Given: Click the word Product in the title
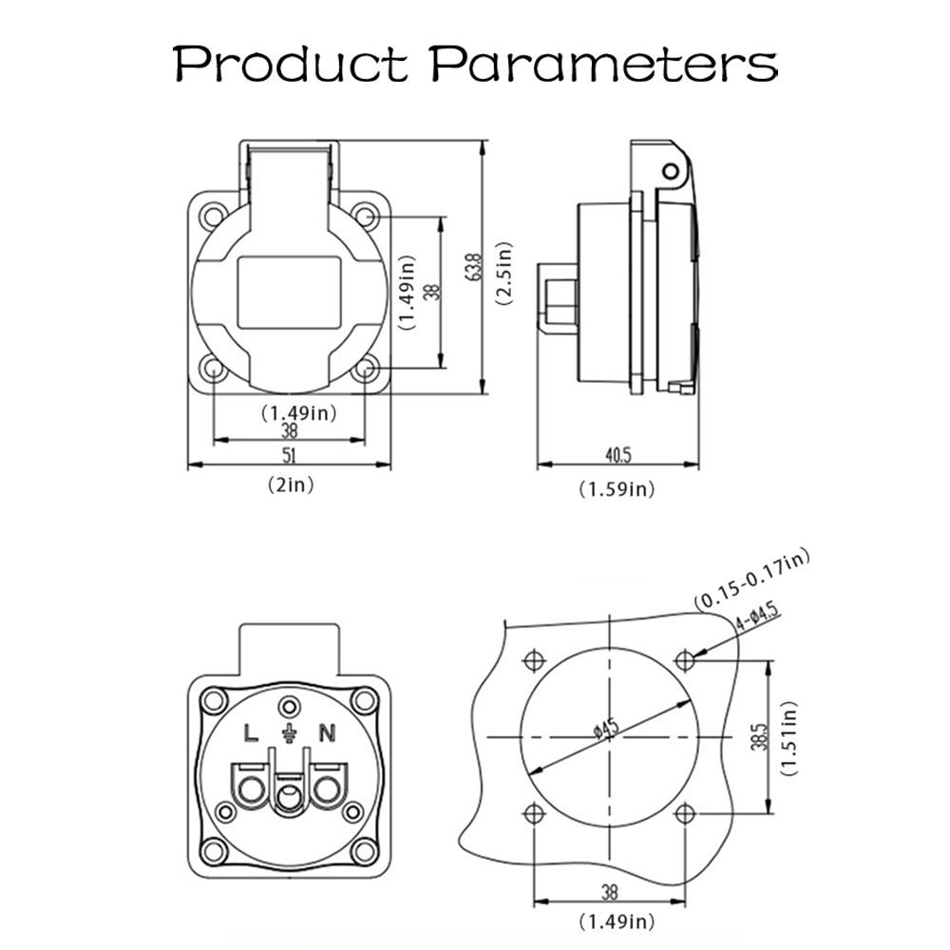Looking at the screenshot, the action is pyautogui.click(x=291, y=64).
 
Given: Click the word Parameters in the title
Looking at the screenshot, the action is pyautogui.click(x=604, y=64).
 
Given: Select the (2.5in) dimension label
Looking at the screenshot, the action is pyautogui.click(x=504, y=274).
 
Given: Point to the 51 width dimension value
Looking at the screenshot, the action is pyautogui.click(x=290, y=455).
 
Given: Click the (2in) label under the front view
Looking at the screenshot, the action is pyautogui.click(x=291, y=484).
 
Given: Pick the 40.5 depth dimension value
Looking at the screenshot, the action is pyautogui.click(x=618, y=454).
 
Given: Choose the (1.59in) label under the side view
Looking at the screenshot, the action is pyautogui.click(x=617, y=489).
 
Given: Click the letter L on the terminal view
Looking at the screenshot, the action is pyautogui.click(x=251, y=733).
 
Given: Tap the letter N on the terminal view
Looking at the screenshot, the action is pyautogui.click(x=327, y=733).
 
